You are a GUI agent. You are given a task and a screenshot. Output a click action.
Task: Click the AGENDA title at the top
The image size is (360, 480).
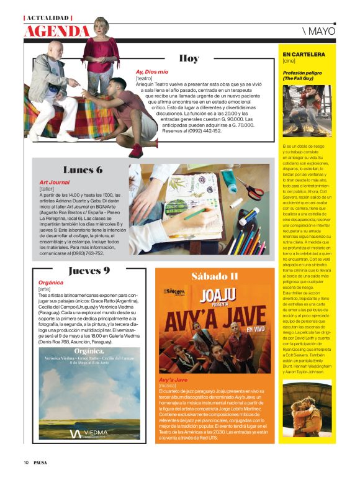(x=56, y=30)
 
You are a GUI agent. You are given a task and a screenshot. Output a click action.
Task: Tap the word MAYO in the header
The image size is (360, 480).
(x=322, y=30)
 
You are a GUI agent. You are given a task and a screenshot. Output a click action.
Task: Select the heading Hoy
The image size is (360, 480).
(x=189, y=59)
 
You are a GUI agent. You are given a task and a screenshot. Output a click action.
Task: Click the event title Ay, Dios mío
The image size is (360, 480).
(x=151, y=71)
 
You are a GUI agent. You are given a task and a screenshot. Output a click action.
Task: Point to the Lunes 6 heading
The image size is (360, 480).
(x=82, y=170)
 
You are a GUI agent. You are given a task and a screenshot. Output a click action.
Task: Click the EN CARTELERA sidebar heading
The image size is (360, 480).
(x=304, y=55)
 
